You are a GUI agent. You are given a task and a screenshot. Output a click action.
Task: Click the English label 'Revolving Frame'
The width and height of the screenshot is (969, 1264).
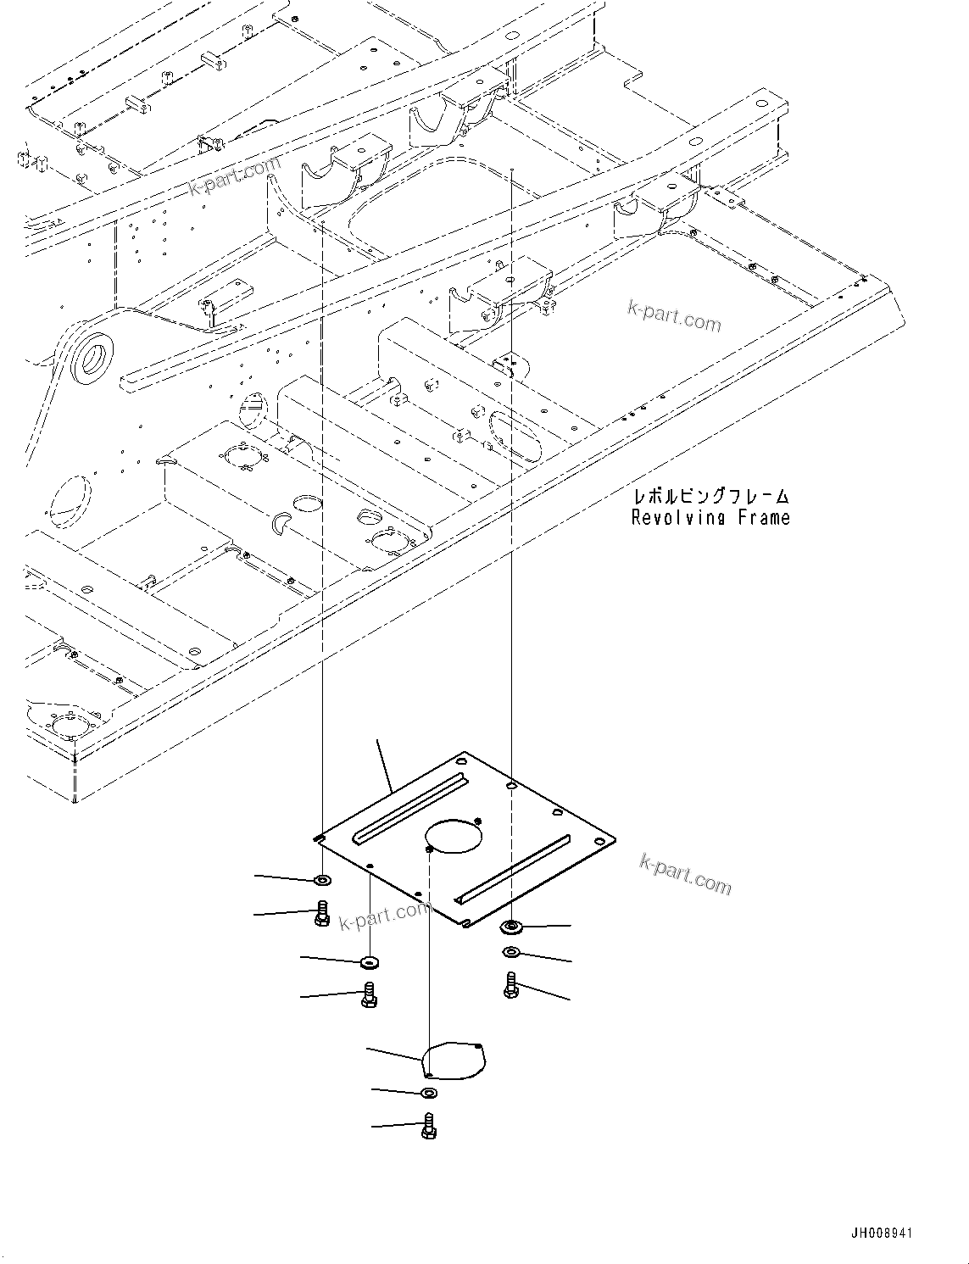710,518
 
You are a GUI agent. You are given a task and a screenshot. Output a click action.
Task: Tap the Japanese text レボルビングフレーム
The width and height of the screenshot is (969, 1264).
710,496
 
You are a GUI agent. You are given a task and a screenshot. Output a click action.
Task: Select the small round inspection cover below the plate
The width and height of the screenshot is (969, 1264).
455,1061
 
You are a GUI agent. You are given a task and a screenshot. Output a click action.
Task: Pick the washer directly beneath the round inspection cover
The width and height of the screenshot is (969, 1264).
429,1093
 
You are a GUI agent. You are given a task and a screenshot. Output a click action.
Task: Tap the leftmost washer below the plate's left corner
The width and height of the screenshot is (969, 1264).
322,880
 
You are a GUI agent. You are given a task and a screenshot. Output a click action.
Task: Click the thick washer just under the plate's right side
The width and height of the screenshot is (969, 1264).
511,925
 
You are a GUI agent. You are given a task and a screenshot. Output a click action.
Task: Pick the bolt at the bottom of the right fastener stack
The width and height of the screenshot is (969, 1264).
510,984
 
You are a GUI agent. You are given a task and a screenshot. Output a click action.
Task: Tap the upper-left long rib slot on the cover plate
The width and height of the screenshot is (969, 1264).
410,809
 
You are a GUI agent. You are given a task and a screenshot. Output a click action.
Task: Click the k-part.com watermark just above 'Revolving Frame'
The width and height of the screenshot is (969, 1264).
674,317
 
